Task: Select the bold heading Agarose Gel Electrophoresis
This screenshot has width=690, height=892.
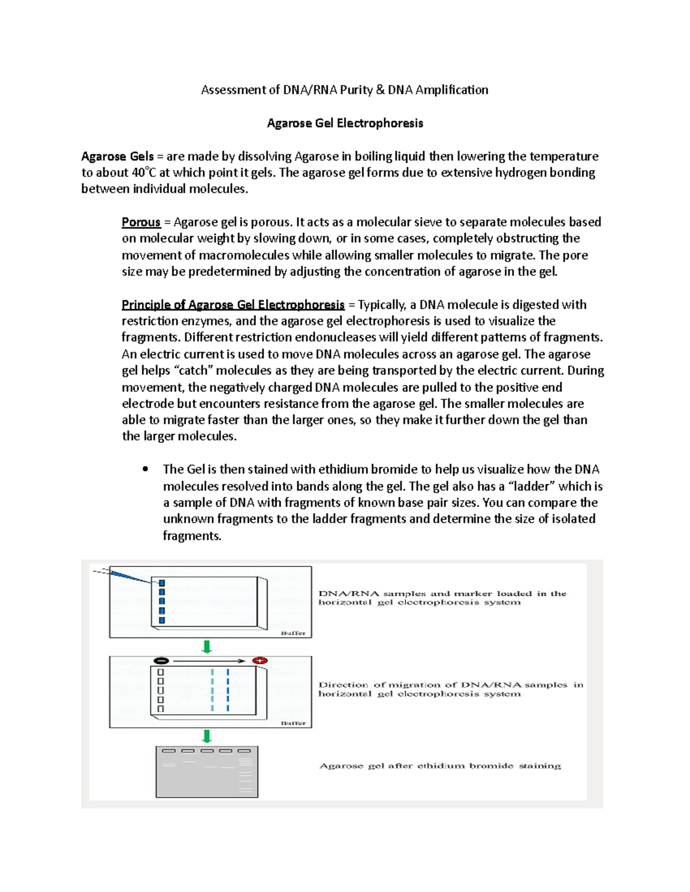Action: point(345,123)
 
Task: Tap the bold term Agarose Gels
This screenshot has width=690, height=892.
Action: point(117,156)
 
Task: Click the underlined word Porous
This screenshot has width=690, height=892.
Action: point(141,222)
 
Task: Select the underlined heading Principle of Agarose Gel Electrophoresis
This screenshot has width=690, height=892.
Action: point(233,304)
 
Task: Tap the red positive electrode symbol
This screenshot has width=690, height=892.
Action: point(260,661)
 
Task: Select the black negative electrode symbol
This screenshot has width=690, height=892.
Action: point(162,661)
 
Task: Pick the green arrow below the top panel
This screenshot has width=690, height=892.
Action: point(207,647)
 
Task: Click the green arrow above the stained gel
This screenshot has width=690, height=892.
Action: point(207,736)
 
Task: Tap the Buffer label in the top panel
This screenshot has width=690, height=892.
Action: point(293,633)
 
